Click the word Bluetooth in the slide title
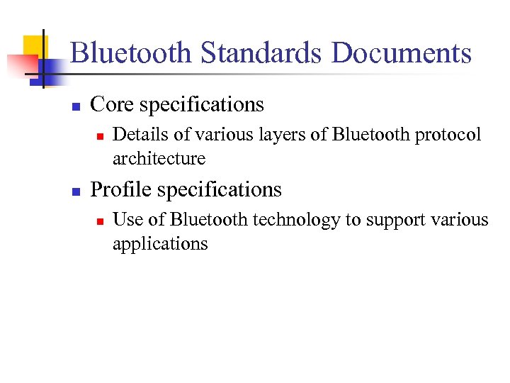[131, 54]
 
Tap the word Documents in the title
[401, 54]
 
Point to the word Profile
[121, 190]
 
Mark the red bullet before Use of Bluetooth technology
[101, 221]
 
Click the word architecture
[159, 159]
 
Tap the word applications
[160, 245]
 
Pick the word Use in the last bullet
[127, 220]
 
